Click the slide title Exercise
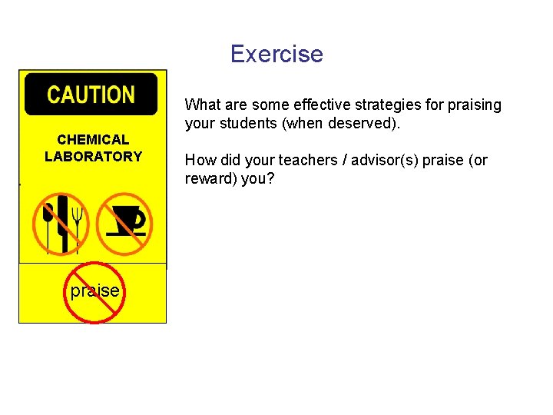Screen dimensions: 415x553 pyautogui.click(x=276, y=55)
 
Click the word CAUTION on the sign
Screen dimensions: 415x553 pyautogui.click(x=91, y=95)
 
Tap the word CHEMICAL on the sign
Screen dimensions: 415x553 pyautogui.click(x=93, y=140)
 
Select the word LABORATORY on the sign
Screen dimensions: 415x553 pyautogui.click(x=93, y=157)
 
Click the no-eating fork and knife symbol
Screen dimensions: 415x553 pyautogui.click(x=61, y=224)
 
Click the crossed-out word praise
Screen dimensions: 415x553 pyautogui.click(x=94, y=291)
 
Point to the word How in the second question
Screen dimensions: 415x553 pyautogui.click(x=198, y=161)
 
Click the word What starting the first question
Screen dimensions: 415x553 pyautogui.click(x=202, y=105)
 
